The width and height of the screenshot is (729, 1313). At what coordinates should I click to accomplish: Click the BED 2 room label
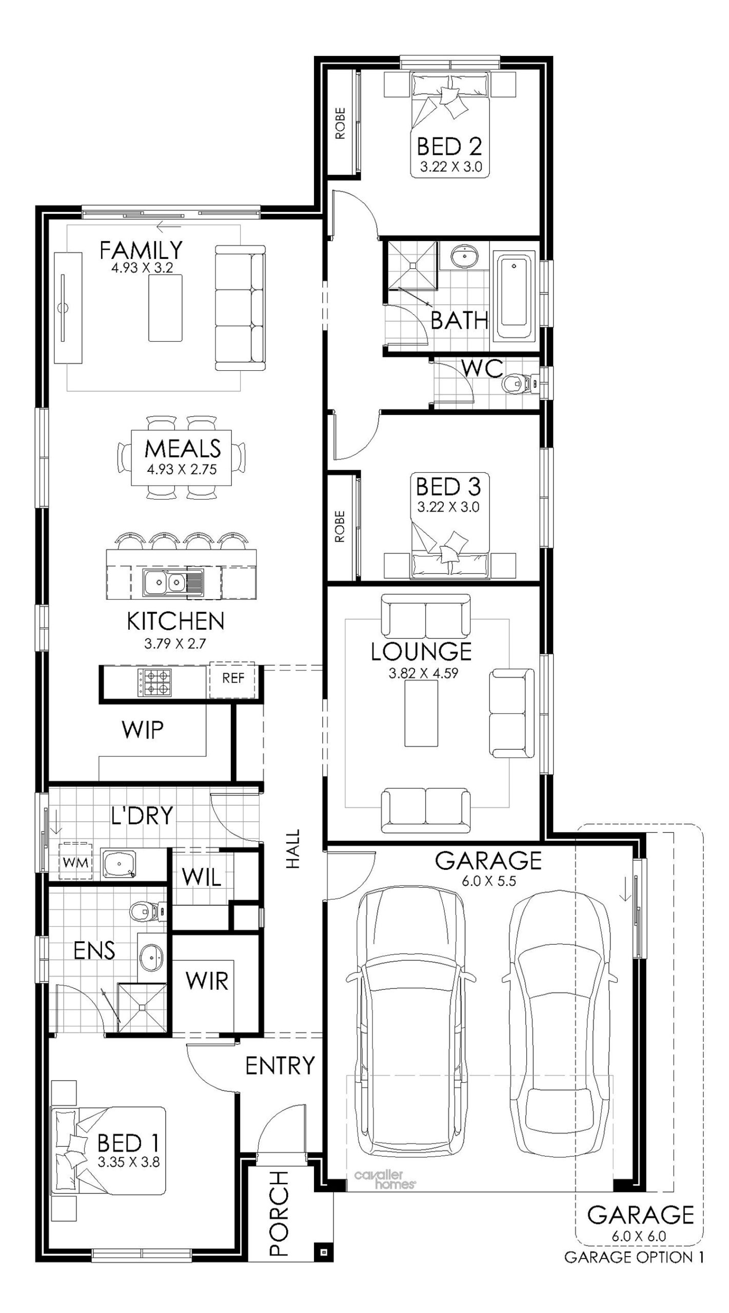[x=449, y=147]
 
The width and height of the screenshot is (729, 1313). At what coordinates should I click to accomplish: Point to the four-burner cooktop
[x=153, y=683]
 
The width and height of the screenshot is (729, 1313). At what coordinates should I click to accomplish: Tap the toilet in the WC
[x=519, y=383]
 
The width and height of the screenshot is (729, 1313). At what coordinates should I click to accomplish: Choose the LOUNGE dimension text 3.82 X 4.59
[x=423, y=673]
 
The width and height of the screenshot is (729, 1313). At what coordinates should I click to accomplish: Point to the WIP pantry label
[x=143, y=730]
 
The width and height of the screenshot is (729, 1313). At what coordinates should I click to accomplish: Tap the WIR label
[x=207, y=981]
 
